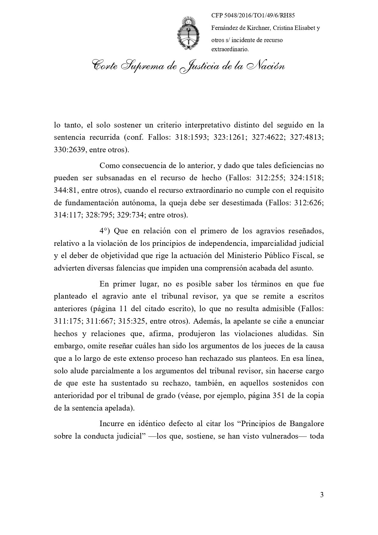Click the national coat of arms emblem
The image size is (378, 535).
(189, 34)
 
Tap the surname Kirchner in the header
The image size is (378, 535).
(255, 28)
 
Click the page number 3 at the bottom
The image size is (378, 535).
(322, 495)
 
